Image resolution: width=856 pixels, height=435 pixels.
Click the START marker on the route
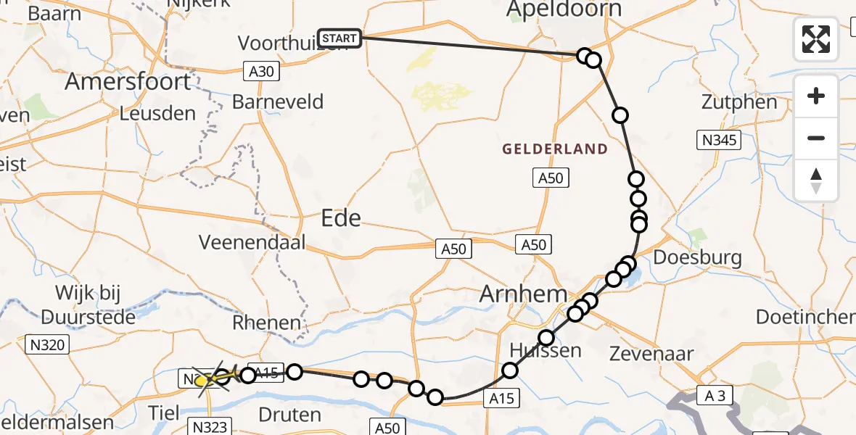339,38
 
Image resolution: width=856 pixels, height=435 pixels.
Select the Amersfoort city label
128,80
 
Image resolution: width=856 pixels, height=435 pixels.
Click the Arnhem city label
523,295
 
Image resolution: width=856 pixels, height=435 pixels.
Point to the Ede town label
341,217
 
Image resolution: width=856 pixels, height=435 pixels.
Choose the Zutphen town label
739,101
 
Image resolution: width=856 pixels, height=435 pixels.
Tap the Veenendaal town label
253,242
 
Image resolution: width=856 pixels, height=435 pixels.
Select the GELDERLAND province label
556,149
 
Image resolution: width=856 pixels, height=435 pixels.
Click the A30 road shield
262,70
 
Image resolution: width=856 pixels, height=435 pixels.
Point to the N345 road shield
717,140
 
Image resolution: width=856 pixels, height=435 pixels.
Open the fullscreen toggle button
816,39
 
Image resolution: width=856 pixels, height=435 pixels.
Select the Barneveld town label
278,101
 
